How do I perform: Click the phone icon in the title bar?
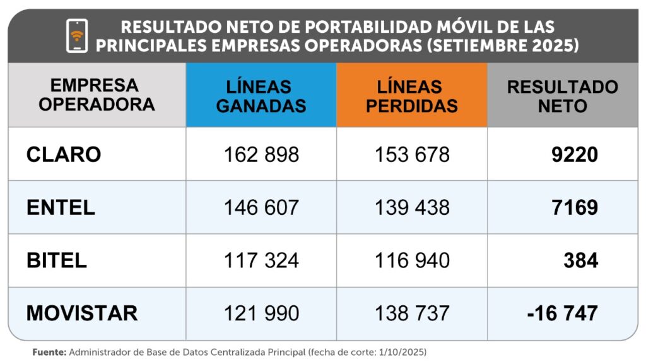[x=76, y=35]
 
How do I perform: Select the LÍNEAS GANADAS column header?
[x=261, y=95]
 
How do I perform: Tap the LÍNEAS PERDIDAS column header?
[x=411, y=95]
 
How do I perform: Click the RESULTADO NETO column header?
[x=562, y=95]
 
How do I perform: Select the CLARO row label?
[x=64, y=154]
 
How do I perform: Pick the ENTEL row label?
[x=61, y=207]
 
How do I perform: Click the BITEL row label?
[x=57, y=260]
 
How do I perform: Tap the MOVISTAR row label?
[x=82, y=313]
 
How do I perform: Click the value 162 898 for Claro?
[x=261, y=154]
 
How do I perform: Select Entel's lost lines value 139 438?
[x=412, y=207]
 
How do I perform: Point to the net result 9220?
[x=575, y=154]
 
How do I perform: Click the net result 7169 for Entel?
[x=575, y=207]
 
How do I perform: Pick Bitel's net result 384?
[x=580, y=260]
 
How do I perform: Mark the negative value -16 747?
[x=562, y=313]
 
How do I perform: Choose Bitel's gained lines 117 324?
[x=261, y=260]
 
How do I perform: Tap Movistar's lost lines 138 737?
[x=412, y=313]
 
